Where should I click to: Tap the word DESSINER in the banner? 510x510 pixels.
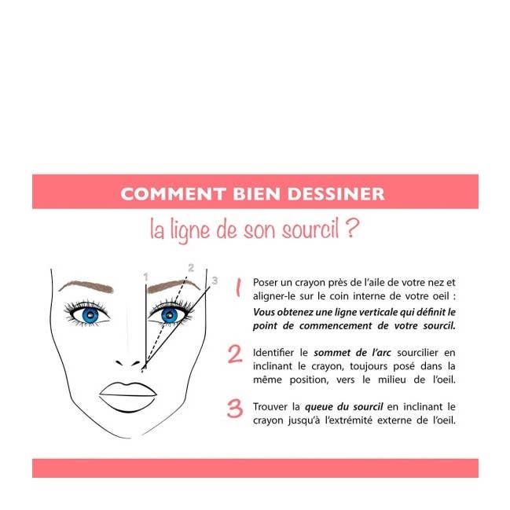(x=339, y=193)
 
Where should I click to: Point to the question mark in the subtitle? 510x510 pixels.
(x=352, y=229)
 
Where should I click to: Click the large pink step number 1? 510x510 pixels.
(x=237, y=288)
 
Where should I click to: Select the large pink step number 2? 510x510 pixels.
(x=235, y=354)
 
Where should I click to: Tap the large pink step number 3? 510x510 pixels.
(x=235, y=409)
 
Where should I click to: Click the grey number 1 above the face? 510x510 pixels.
(x=145, y=277)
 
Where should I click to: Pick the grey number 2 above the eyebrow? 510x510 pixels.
(x=190, y=268)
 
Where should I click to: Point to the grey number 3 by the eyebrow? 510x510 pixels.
(x=214, y=280)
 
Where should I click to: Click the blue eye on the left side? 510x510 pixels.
(x=90, y=315)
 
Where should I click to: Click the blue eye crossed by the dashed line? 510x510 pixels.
(x=170, y=315)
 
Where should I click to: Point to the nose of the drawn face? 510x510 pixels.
(x=130, y=361)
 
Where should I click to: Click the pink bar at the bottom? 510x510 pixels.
(x=255, y=468)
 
